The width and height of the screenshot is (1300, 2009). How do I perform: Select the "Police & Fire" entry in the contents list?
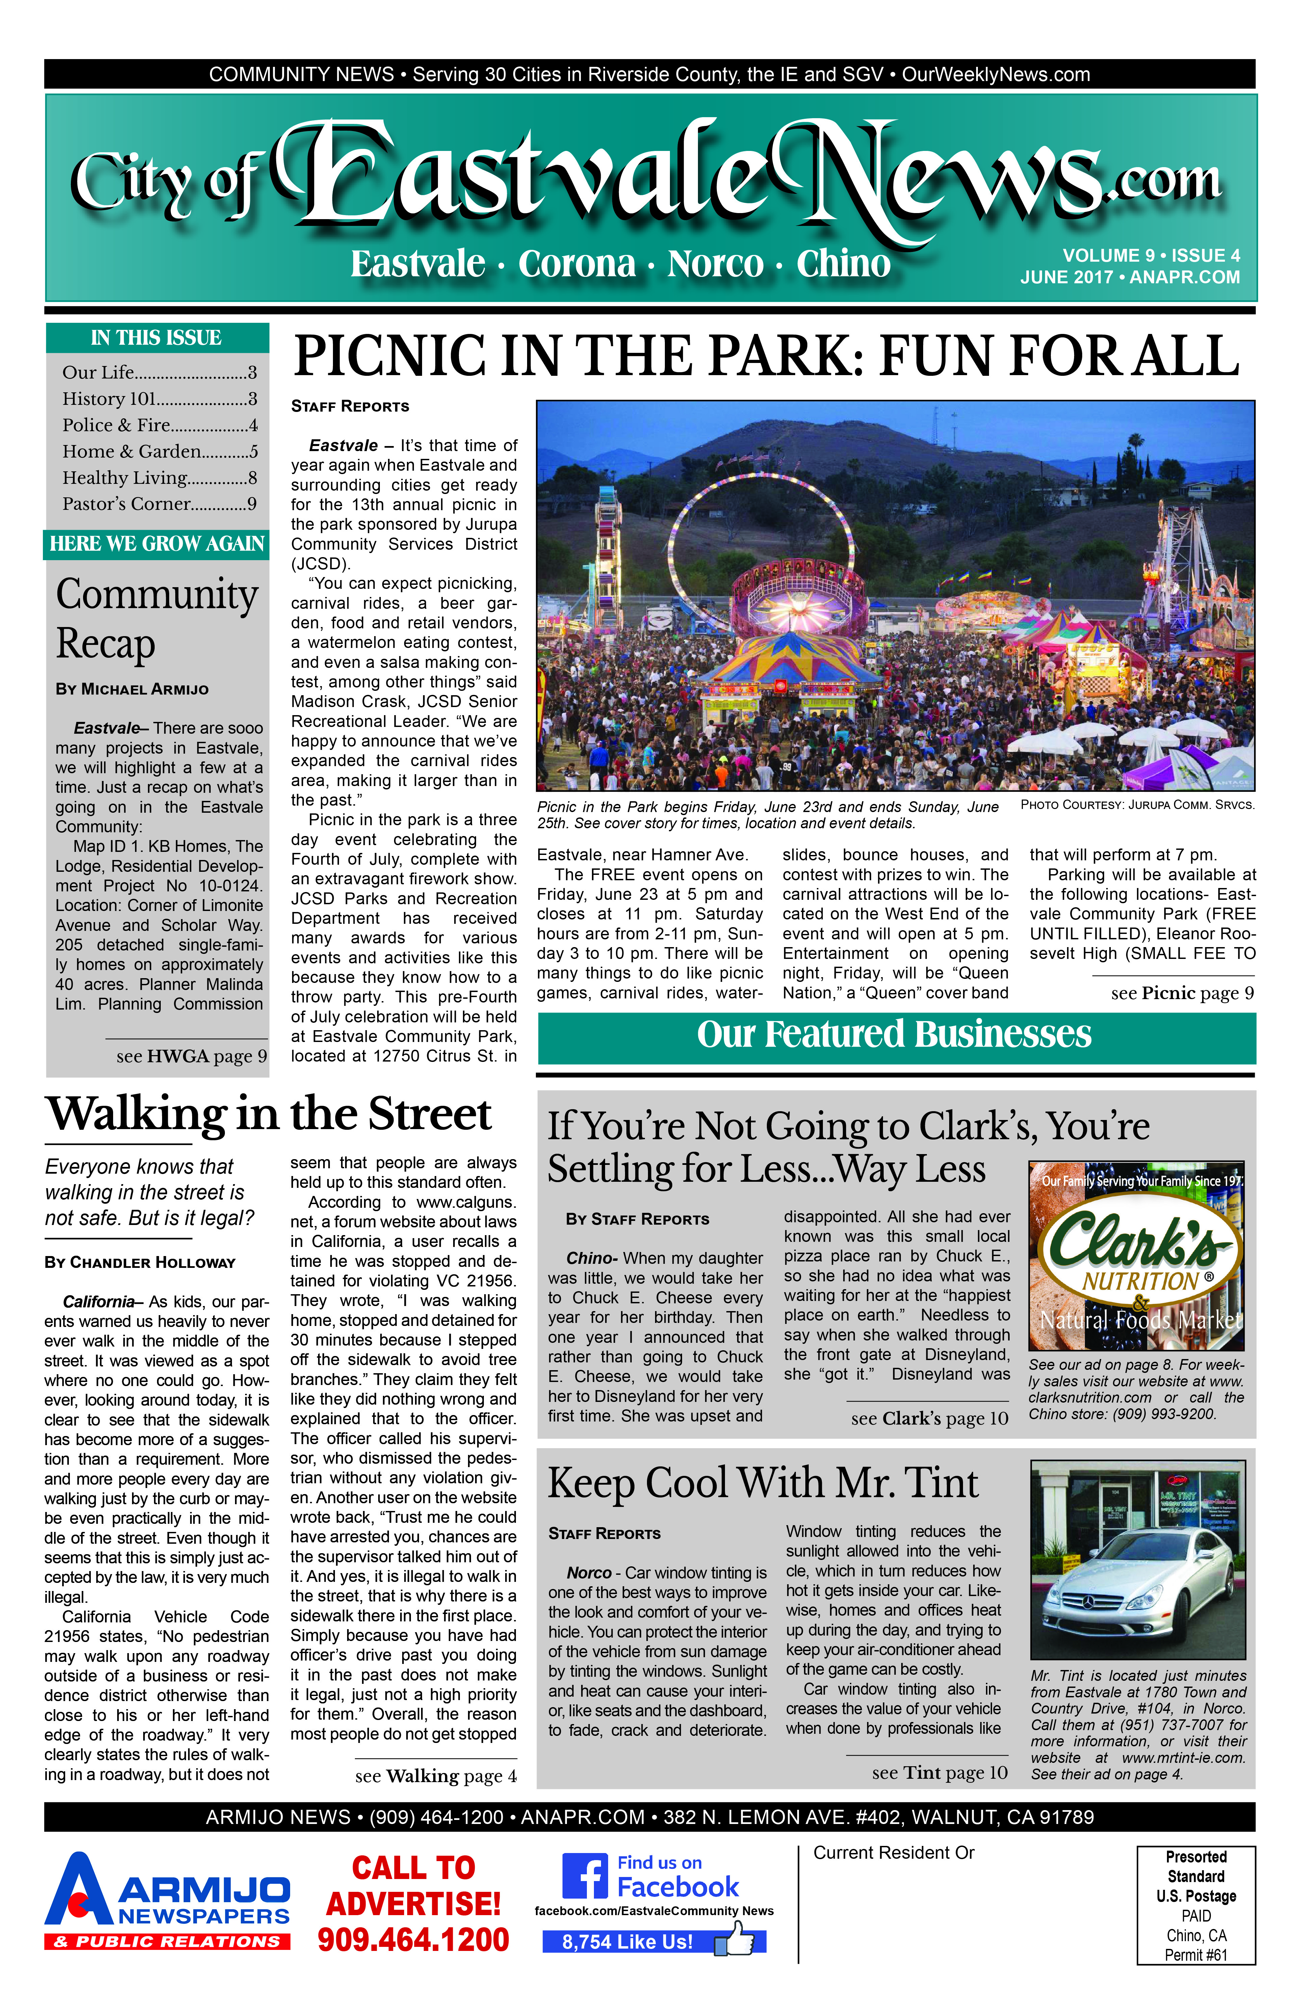[x=159, y=425]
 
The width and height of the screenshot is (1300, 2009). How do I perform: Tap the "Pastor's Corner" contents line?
[x=159, y=504]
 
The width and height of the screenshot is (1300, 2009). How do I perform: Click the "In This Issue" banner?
[x=157, y=338]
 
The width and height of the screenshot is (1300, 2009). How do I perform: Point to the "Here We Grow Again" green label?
[x=157, y=544]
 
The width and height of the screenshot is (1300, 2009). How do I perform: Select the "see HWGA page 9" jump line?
[x=192, y=1056]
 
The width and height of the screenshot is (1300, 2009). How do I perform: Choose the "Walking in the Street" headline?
[x=268, y=1114]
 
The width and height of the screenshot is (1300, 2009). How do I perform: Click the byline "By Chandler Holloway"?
[x=140, y=1263]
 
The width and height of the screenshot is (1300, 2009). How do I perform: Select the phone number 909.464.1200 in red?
[x=414, y=1940]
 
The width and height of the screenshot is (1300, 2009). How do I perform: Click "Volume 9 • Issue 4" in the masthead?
[x=1151, y=256]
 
